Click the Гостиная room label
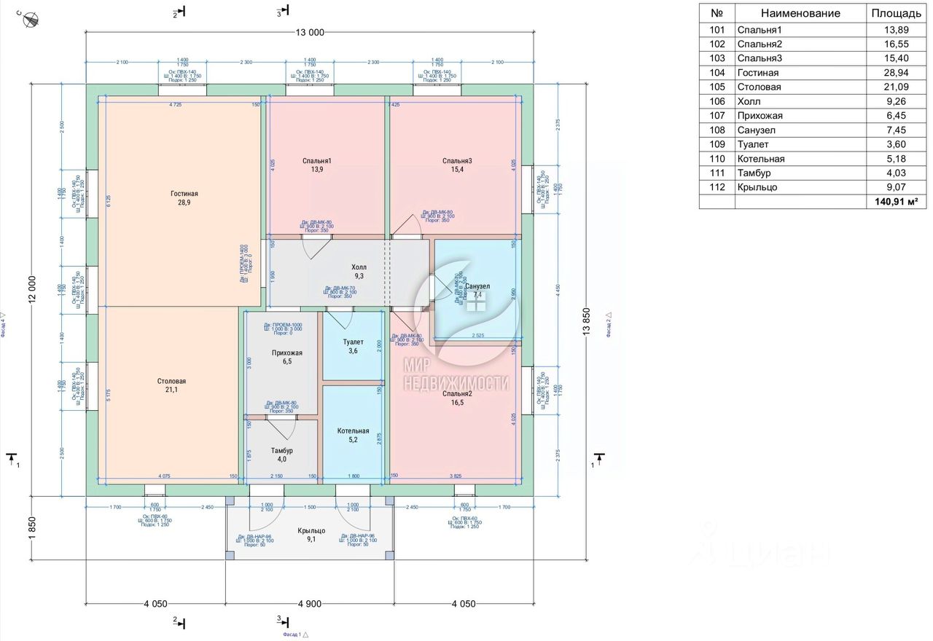[x=184, y=194]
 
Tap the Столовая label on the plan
[x=171, y=381]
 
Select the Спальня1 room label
[x=317, y=161]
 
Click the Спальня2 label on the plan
[x=457, y=394]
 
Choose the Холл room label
[x=359, y=267]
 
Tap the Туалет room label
[x=353, y=342]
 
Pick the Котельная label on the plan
[x=353, y=430]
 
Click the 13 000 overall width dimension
[x=310, y=32]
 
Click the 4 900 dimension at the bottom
[x=310, y=603]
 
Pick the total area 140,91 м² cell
[x=896, y=202]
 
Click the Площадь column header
[x=896, y=13]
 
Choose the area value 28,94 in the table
[x=896, y=73]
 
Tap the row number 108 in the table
[x=717, y=130]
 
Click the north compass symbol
[x=30, y=20]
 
